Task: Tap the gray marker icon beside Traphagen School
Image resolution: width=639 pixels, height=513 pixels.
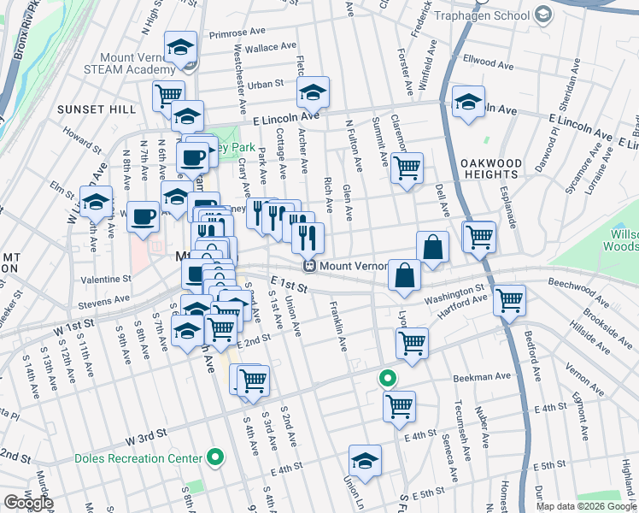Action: pyautogui.click(x=543, y=15)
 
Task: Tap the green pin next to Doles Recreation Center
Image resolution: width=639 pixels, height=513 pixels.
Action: pyautogui.click(x=215, y=458)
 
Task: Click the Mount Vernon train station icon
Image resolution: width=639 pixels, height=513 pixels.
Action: pyautogui.click(x=313, y=266)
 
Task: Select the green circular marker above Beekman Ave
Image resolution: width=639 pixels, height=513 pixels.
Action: pyautogui.click(x=387, y=377)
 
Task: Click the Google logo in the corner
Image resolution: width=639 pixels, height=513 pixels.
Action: pyautogui.click(x=27, y=503)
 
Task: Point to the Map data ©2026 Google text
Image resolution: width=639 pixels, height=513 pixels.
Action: pyautogui.click(x=585, y=506)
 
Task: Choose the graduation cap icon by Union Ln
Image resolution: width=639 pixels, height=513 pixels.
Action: pyautogui.click(x=365, y=460)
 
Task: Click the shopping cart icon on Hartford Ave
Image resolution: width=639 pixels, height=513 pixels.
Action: pyautogui.click(x=509, y=300)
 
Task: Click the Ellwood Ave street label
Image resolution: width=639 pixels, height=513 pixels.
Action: pyautogui.click(x=488, y=62)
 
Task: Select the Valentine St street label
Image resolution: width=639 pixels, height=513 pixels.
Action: pyautogui.click(x=106, y=279)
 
